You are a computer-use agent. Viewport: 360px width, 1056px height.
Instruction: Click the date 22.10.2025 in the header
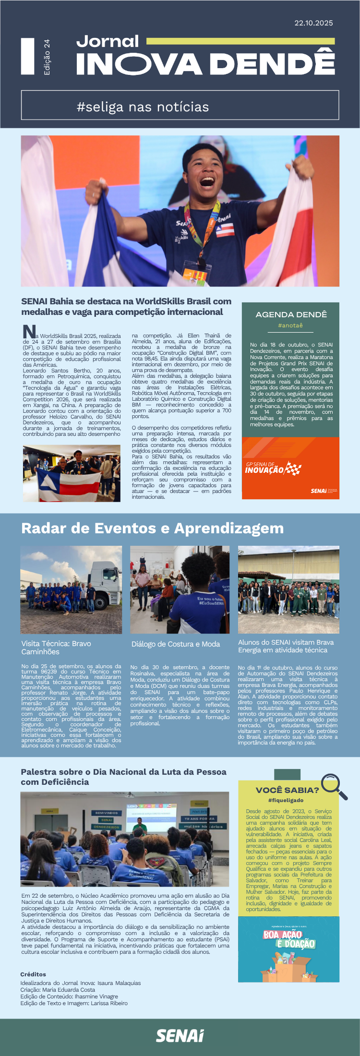click(x=313, y=23)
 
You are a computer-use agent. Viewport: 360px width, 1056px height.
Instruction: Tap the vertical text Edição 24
click(x=47, y=57)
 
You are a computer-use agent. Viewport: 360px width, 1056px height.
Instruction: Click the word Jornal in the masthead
click(x=108, y=41)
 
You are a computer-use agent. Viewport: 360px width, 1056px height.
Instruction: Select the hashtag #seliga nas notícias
click(x=143, y=107)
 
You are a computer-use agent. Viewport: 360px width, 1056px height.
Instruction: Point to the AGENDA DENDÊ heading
click(x=291, y=314)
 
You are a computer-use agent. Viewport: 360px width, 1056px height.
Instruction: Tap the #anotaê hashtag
click(x=290, y=325)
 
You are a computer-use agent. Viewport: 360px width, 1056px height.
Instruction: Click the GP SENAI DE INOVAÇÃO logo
click(x=273, y=468)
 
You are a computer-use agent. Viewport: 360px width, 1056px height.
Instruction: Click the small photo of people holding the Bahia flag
click(x=72, y=474)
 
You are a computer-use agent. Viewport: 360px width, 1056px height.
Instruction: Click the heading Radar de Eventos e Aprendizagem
click(x=152, y=528)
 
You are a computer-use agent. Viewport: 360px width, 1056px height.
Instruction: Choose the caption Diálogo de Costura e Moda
click(x=176, y=644)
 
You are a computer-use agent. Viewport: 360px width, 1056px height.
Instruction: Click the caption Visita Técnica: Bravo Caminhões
click(x=56, y=648)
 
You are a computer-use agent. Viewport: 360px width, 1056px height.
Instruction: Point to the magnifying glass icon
click(x=334, y=786)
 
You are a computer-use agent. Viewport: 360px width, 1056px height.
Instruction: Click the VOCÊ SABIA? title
click(x=287, y=790)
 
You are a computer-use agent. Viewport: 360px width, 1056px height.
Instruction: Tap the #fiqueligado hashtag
click(x=286, y=800)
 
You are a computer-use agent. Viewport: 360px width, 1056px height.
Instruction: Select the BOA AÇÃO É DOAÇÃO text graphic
click(x=289, y=939)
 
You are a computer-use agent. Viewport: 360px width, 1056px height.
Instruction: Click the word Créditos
click(x=33, y=974)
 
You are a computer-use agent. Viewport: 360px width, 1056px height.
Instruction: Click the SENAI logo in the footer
click(x=180, y=1035)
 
